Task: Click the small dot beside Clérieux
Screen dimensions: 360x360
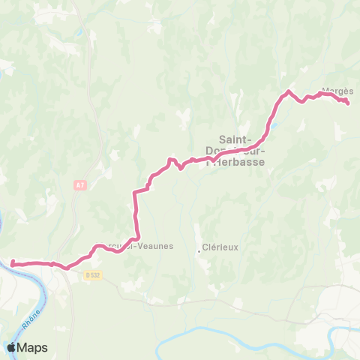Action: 199,250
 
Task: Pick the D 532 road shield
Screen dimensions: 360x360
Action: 91,275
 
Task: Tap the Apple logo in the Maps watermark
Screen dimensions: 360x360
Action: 11,347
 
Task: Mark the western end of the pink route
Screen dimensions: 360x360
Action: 13,262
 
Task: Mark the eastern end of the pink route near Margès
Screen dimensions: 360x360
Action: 348,103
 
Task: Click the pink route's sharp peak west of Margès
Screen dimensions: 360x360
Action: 287,91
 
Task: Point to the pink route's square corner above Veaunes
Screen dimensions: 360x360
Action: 135,193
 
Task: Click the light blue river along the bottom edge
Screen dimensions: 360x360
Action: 225,329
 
